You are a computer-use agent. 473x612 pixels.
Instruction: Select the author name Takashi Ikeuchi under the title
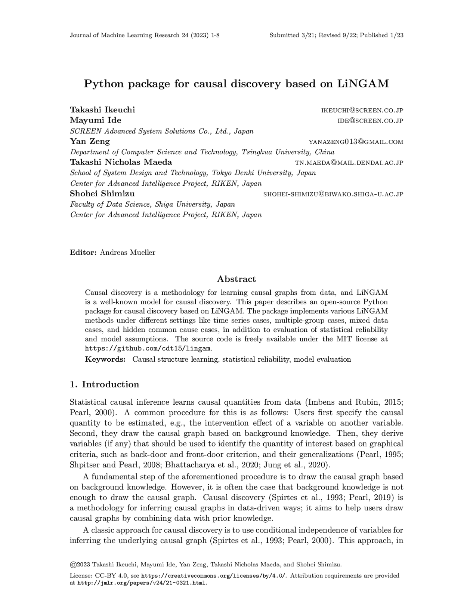(102, 110)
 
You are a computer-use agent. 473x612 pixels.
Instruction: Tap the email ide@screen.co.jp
(370, 121)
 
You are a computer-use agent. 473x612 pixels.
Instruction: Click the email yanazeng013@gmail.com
(356, 142)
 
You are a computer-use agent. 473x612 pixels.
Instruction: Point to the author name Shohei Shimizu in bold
(102, 194)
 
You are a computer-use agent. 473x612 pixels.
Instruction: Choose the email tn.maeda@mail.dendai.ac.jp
(349, 163)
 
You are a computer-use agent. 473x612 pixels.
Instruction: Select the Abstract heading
(236, 279)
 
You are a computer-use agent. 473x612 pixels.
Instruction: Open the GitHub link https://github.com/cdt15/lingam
(148, 349)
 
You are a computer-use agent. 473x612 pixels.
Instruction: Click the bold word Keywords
(105, 359)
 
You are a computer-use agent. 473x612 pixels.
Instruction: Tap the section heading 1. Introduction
(104, 384)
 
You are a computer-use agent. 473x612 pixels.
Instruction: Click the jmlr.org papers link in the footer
(142, 583)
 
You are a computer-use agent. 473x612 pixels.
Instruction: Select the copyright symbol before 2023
(73, 564)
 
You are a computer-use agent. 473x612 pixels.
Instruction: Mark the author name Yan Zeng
(90, 141)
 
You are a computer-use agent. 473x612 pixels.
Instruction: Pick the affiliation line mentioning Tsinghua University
(202, 152)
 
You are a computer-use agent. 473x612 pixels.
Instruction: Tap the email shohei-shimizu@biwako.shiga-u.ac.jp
(333, 194)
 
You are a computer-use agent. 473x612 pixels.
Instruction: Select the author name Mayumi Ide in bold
(96, 120)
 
